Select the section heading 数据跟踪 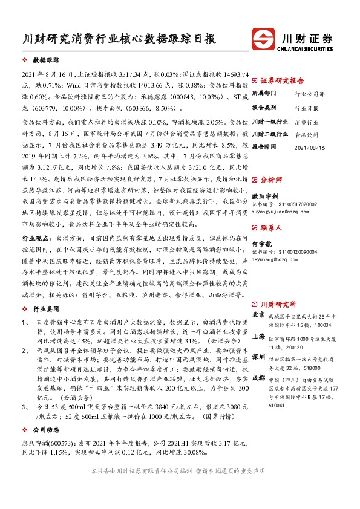(x=45, y=61)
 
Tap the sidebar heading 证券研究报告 (x=282, y=80)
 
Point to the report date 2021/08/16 (x=309, y=147)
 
